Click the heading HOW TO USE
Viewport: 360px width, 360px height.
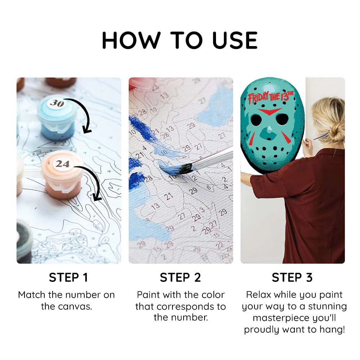click(x=180, y=40)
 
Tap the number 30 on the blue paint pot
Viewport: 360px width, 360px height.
click(x=57, y=103)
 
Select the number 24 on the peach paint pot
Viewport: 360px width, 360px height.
click(x=62, y=164)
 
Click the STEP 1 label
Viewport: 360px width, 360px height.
click(x=68, y=278)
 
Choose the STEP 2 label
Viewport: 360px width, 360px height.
click(x=180, y=278)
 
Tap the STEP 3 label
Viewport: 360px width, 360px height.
click(x=292, y=278)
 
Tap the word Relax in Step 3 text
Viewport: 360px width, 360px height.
click(x=259, y=294)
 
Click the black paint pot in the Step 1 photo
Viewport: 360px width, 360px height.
click(x=24, y=241)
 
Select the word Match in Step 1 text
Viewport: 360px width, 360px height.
click(x=32, y=294)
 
